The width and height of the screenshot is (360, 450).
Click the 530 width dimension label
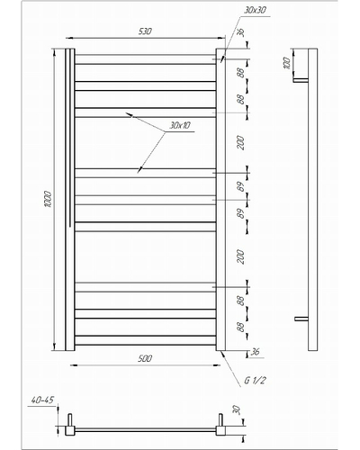point(145,31)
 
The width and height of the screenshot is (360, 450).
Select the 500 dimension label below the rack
point(145,358)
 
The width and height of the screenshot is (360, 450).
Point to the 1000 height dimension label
point(48,199)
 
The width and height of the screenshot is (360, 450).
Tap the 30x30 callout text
point(255,10)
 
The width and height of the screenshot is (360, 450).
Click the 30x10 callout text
point(180,125)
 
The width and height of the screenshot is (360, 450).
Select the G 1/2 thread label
point(255,381)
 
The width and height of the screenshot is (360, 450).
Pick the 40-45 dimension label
point(42,400)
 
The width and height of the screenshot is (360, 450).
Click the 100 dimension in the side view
point(287,63)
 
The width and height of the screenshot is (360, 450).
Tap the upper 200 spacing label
point(241,143)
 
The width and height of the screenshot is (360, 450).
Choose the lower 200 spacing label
point(241,256)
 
